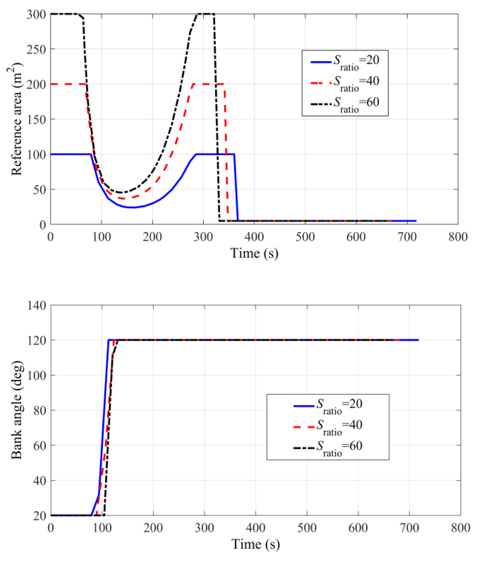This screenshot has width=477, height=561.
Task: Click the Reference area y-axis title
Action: click(x=16, y=119)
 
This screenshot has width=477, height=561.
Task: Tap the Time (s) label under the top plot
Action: click(x=254, y=253)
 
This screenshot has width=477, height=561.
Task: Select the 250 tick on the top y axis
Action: click(x=36, y=49)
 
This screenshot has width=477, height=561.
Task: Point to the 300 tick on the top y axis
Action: click(x=36, y=14)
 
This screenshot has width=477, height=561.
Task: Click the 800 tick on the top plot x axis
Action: click(x=458, y=237)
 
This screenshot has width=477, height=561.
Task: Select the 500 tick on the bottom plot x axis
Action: click(x=307, y=528)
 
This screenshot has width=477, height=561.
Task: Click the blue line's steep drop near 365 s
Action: click(x=236, y=187)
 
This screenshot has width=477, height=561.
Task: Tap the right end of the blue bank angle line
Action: click(x=418, y=340)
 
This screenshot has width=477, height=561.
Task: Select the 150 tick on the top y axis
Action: click(x=36, y=119)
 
